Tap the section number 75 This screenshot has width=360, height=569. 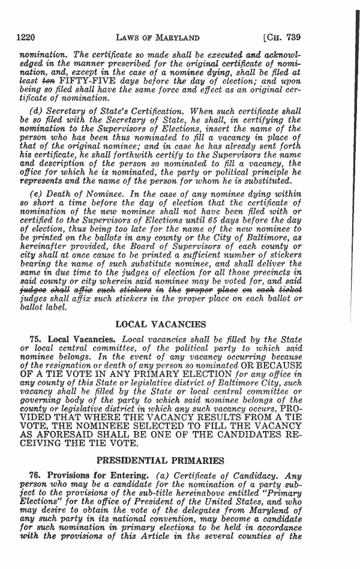[37, 340]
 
